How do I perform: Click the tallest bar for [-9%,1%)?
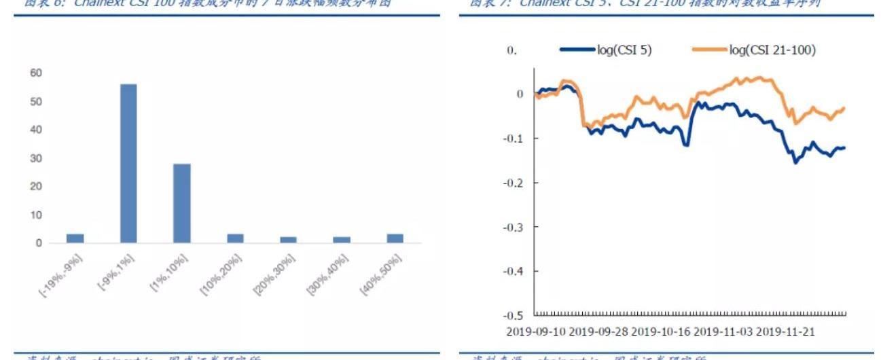coord(128,163)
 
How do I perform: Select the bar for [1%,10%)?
coord(181,203)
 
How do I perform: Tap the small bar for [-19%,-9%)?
coord(75,238)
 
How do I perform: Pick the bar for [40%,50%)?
coord(395,238)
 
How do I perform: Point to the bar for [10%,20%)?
coord(235,238)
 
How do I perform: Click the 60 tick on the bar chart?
coord(35,73)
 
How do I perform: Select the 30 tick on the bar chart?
coord(35,158)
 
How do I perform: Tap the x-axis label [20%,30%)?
coord(275,274)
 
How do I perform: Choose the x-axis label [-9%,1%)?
coord(117,273)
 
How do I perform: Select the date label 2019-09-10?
coord(535,332)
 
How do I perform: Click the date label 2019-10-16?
coord(660,332)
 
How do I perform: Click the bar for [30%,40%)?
coord(341,240)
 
